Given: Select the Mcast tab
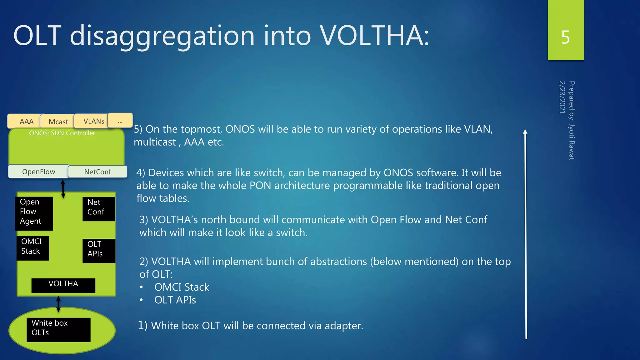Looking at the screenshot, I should pyautogui.click(x=58, y=122).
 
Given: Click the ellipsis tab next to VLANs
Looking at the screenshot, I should pyautogui.click(x=120, y=121).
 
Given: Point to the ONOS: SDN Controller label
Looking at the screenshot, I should pyautogui.click(x=62, y=133).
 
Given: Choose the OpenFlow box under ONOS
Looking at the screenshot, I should pyautogui.click(x=38, y=172).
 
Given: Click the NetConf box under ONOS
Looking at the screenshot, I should pyautogui.click(x=97, y=172).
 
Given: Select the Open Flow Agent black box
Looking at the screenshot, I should pyautogui.click(x=34, y=213).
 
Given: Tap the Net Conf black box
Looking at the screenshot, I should pyautogui.click(x=99, y=208).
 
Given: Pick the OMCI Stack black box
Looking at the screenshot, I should pyautogui.click(x=32, y=248).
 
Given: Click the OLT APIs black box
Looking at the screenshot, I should pyautogui.click(x=99, y=250).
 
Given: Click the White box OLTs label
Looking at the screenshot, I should pyautogui.click(x=58, y=329).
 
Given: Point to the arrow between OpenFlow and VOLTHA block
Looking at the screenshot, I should pyautogui.click(x=63, y=188).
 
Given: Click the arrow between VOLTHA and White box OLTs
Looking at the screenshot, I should pyautogui.click(x=58, y=304).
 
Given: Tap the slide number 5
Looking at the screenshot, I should pyautogui.click(x=565, y=37).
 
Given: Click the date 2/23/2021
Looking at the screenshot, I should pyautogui.click(x=562, y=97).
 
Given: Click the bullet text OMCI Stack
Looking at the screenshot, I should pyautogui.click(x=182, y=287).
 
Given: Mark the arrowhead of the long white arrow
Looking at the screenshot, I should pyautogui.click(x=525, y=132).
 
